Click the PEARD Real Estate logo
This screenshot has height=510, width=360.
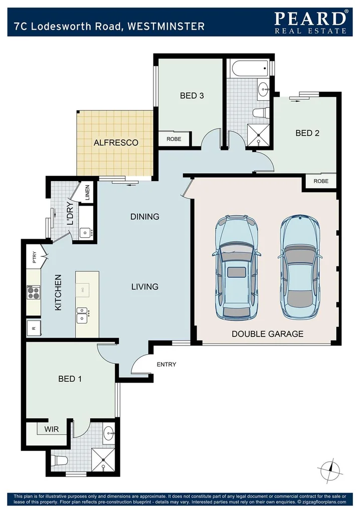coord(310,22)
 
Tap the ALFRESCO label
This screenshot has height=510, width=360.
coord(116,143)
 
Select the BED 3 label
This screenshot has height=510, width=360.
coord(192,95)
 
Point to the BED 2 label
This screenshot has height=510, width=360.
coord(307,133)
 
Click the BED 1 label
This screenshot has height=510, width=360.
coord(70,379)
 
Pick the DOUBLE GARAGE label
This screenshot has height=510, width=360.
coord(267,333)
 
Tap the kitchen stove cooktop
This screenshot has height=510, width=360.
coord(34,292)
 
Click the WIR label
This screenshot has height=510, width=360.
coord(52,430)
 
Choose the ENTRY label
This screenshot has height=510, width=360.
coord(166,364)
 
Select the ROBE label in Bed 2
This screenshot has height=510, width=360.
coord(321,181)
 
